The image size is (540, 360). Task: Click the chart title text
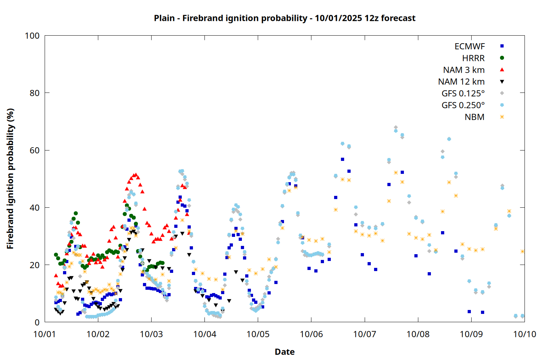(284, 18)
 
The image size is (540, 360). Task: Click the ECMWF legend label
(469, 46)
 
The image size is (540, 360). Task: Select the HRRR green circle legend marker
(502, 58)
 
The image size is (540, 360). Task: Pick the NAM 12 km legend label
(461, 82)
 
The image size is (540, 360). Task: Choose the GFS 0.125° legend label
(463, 94)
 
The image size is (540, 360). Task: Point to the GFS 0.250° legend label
(463, 105)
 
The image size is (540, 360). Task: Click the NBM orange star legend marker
(502, 117)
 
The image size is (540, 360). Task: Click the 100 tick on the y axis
(32, 36)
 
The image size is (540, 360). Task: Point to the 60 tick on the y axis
(35, 150)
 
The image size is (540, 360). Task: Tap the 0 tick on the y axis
(37, 322)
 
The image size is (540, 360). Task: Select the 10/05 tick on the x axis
(258, 334)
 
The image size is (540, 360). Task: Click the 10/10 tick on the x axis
(525, 334)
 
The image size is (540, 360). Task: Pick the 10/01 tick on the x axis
(45, 334)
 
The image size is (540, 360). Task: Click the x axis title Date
(284, 352)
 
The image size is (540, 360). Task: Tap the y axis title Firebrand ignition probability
(10, 179)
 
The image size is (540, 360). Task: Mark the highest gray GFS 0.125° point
(396, 127)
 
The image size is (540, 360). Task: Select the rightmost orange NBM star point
(522, 252)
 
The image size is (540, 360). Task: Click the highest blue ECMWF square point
(342, 159)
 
